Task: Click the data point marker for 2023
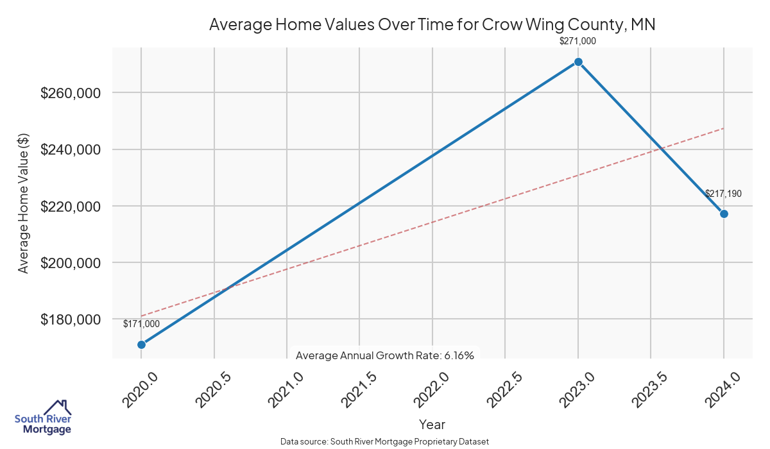coord(578,62)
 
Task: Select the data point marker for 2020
coord(141,344)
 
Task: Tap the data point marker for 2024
coord(724,214)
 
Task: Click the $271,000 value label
coord(578,41)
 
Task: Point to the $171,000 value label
coord(141,324)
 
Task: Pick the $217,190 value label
coord(723,193)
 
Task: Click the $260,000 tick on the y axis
coord(72,93)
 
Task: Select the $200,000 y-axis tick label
coord(72,263)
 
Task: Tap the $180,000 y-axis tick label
coord(72,319)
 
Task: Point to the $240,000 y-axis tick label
coord(72,149)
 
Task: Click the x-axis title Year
coord(432,425)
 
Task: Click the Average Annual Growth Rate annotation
coord(385,355)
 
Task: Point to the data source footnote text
coord(385,441)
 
